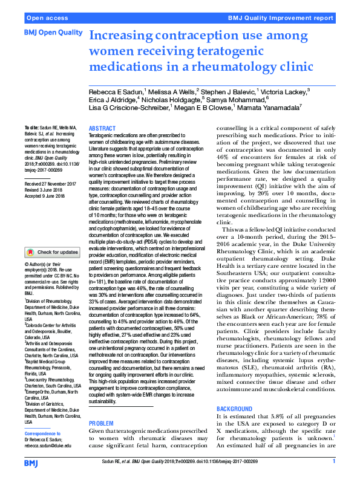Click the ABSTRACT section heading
(102, 129)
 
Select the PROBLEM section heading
(101, 406)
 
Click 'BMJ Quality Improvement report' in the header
(280, 18)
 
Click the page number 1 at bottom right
(334, 462)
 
